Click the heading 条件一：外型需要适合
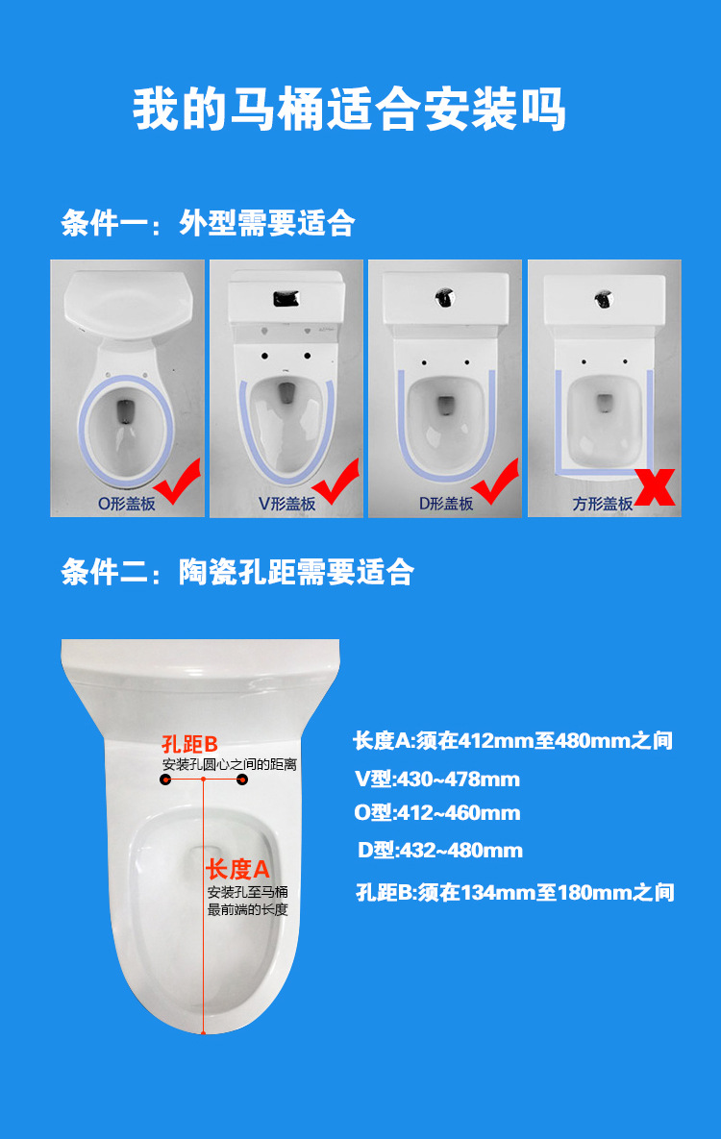(208, 224)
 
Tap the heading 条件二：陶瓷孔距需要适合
(237, 572)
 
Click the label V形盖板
(286, 503)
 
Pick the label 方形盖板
(603, 503)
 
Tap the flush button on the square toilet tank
(603, 299)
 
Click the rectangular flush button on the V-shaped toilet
(286, 298)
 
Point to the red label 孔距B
(190, 744)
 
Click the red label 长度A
(237, 870)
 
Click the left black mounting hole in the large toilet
(165, 780)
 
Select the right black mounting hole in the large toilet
(242, 780)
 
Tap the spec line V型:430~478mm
(436, 779)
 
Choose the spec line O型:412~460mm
(436, 813)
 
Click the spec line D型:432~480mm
(439, 851)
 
